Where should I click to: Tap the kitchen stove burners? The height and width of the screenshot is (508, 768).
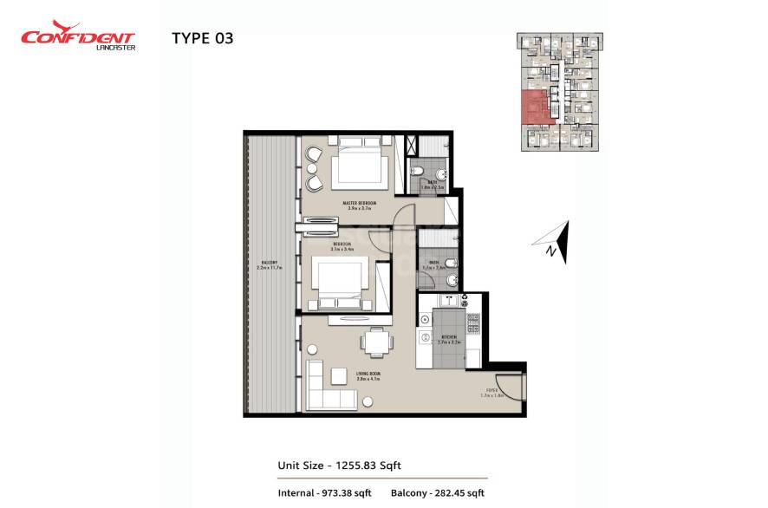(x=473, y=323)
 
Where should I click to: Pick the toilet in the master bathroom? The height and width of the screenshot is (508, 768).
(x=415, y=170)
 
